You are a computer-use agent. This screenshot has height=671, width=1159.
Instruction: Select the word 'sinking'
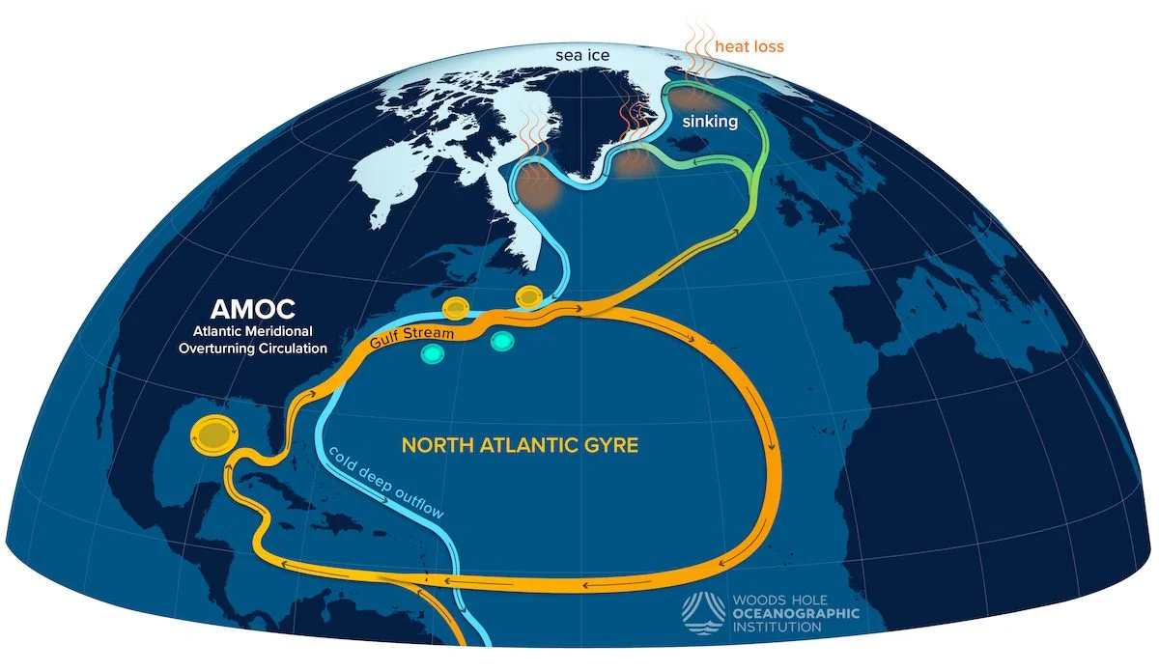(x=709, y=123)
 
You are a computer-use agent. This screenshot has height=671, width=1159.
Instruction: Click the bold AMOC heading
(x=254, y=310)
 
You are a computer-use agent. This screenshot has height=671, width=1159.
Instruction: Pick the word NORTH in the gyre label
(x=434, y=446)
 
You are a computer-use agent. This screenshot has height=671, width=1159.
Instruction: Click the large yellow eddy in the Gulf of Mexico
(x=212, y=433)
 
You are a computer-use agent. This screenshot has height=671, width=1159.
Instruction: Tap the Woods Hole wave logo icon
(x=703, y=611)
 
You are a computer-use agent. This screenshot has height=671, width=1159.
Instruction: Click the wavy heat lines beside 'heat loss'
(x=694, y=43)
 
